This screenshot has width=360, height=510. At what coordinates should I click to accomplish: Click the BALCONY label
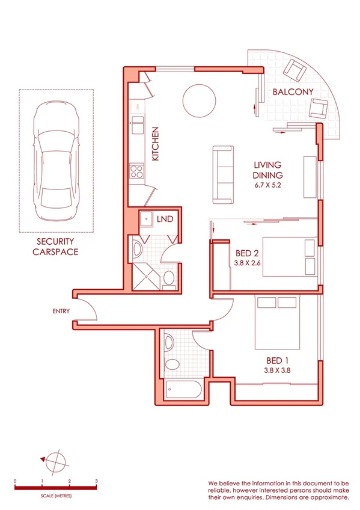click(x=293, y=92)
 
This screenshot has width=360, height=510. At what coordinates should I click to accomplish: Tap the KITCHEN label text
click(x=155, y=144)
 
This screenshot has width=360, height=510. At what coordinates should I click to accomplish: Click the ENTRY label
click(x=61, y=311)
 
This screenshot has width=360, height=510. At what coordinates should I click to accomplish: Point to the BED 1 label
click(x=277, y=360)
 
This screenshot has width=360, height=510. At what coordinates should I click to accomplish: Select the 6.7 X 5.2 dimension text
click(x=267, y=185)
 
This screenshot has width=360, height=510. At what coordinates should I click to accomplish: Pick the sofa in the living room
click(x=223, y=174)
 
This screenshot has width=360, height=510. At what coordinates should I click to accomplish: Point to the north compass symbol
click(x=55, y=461)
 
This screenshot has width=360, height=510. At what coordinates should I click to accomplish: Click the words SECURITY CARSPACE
click(x=56, y=247)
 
